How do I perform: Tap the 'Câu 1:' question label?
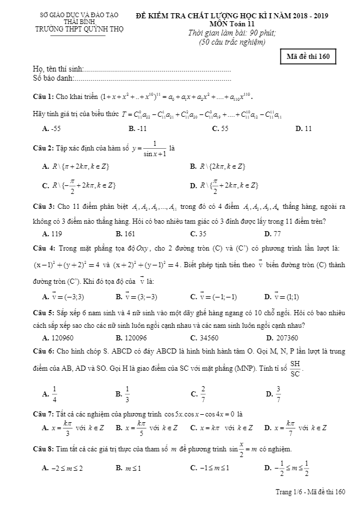[43, 96]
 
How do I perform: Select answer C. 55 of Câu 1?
[220, 129]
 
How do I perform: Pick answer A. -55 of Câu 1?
[52, 129]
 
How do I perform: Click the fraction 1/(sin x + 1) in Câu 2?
[154, 148]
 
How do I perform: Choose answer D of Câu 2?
[224, 185]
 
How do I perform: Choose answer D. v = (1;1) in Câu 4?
[282, 297]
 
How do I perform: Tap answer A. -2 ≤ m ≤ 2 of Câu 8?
[64, 468]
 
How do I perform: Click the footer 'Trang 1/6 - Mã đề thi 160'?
[311, 491]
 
